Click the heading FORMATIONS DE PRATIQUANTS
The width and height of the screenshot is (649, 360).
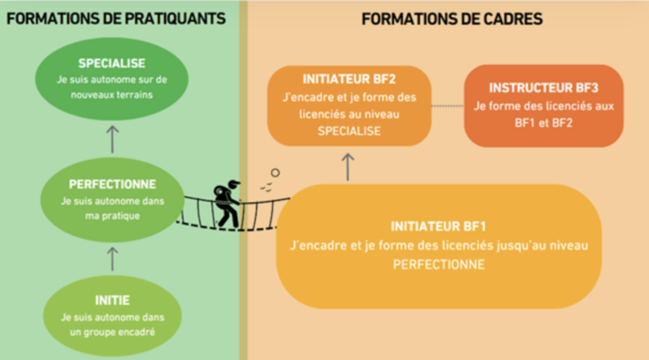click(x=116, y=18)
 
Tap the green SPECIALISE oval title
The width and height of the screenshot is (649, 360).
click(x=112, y=63)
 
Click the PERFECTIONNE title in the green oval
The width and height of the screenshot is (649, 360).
click(x=112, y=183)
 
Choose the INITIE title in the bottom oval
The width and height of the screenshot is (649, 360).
click(x=112, y=299)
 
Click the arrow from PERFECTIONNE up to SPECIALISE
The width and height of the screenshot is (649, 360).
click(x=112, y=137)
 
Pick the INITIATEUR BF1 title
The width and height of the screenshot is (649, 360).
click(x=438, y=226)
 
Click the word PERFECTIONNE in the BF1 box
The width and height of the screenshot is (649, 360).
click(x=438, y=264)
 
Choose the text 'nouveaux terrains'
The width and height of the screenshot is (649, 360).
click(x=112, y=93)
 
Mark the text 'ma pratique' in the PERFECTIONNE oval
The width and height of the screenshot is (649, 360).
click(x=112, y=215)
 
